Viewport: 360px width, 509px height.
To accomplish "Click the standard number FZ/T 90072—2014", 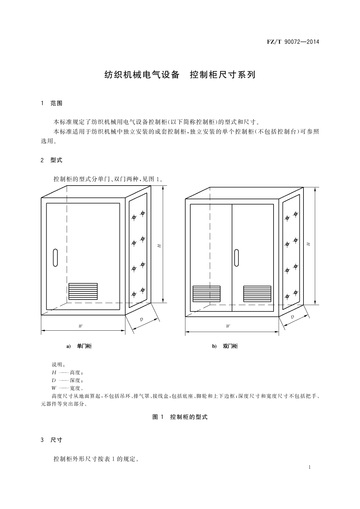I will pos(293,42).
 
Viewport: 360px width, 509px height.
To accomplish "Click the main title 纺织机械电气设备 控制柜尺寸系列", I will pos(180,75).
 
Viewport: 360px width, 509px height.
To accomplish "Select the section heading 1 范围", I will pos(51,103).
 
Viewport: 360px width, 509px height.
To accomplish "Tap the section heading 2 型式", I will pos(51,160).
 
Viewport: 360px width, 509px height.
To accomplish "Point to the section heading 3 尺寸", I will pos(51,440).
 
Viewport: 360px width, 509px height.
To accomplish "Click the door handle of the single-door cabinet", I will pos(55,258).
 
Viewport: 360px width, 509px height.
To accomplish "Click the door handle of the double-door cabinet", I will pos(236,258).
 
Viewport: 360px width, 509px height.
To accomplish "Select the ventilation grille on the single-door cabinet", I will pos(83,291).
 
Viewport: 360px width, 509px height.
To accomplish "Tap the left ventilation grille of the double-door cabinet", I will pos(206,294).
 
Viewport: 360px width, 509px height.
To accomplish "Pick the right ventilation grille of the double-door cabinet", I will pos(257,294).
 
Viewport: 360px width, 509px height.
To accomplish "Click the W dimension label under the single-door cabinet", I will pos(81,326).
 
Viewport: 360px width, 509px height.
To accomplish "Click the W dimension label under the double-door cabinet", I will pos(228,326).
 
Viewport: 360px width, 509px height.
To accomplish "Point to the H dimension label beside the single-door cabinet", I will pos(159,246).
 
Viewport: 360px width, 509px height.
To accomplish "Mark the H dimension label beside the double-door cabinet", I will pos(308,244).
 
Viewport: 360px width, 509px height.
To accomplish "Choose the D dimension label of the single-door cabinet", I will pos(141,319).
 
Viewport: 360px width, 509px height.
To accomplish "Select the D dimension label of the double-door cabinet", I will pos(292,317).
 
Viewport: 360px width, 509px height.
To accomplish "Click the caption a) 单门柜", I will pos(79,346).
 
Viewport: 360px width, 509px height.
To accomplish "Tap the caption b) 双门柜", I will pos(225,346).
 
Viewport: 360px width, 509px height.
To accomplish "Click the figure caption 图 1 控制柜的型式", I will pos(180,417).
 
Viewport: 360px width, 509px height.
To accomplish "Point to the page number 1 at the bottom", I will pos(310,467).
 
